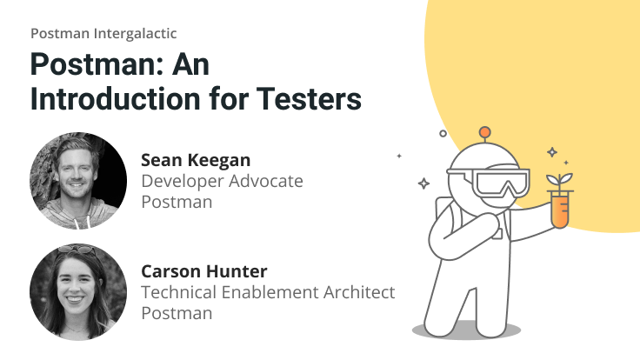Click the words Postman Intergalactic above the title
coord(103,33)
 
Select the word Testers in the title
coord(312,98)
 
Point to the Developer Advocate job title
coord(222,181)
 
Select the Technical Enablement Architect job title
coord(268,292)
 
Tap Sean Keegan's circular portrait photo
coord(78,180)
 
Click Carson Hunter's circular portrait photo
coord(78,291)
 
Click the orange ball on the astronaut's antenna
coord(485,133)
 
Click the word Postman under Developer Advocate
coord(177,202)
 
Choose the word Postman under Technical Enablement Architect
coord(177,313)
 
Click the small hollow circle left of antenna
coord(443,134)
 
